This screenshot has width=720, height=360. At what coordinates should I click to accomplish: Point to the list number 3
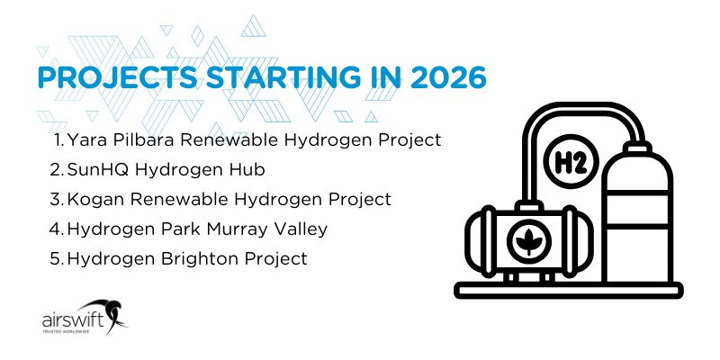pos(55,199)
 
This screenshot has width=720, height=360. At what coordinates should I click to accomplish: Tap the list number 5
pos(55,258)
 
